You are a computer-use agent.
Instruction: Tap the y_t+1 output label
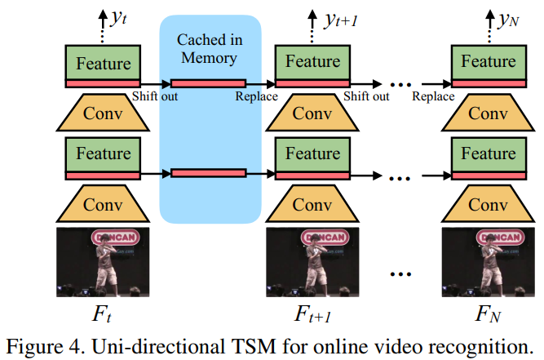click(x=341, y=17)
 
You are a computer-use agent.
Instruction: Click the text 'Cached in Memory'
click(x=210, y=48)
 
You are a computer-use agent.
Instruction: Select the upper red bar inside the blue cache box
click(x=209, y=83)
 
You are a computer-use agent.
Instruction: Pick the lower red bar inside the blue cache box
click(x=209, y=173)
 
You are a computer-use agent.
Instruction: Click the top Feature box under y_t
click(x=103, y=61)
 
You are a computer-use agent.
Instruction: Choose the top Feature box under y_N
click(x=489, y=61)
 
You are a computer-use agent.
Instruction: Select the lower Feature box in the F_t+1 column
click(x=312, y=153)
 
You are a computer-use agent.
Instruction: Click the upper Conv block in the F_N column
click(x=489, y=112)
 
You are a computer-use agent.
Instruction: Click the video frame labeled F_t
click(x=103, y=262)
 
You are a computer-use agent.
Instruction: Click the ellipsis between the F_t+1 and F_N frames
click(x=400, y=272)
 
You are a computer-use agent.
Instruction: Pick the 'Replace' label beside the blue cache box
click(x=256, y=97)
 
